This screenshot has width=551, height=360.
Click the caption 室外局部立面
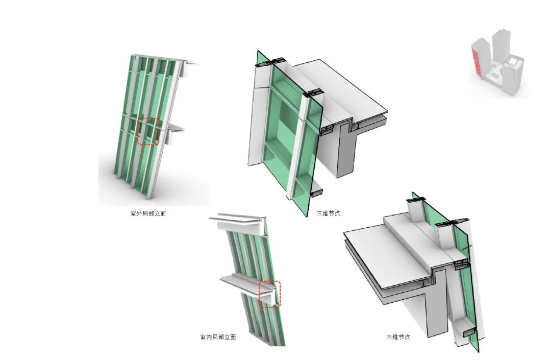point(148,213)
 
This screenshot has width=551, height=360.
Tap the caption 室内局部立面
point(218,337)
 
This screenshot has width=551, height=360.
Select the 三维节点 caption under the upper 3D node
point(329,213)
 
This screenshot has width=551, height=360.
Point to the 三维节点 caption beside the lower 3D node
point(398,337)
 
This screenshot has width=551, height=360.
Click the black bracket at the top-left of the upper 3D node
point(264,62)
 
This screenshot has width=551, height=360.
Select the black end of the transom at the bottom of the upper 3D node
point(317,193)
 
